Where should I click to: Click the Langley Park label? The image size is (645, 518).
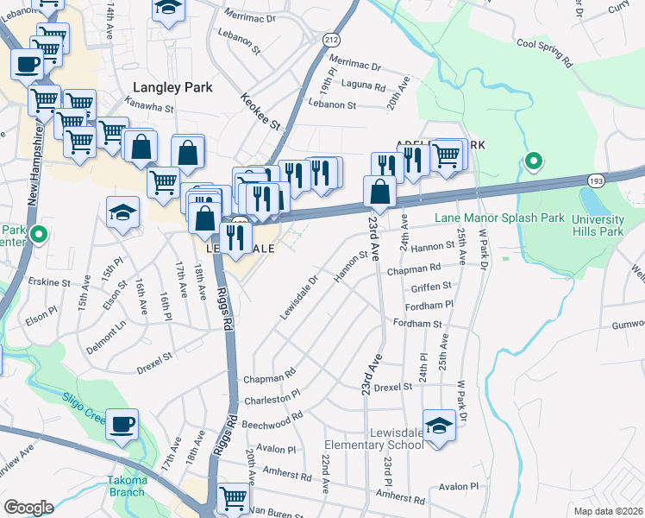click(166, 87)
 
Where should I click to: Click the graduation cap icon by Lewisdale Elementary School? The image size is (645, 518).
click(440, 426)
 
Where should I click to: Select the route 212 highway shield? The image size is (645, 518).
click(331, 40)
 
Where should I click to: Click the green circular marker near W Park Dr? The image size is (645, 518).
click(534, 161)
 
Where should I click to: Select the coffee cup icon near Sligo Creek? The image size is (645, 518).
click(122, 424)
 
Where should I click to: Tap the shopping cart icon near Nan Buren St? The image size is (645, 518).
click(233, 499)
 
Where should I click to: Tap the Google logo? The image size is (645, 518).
click(28, 507)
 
